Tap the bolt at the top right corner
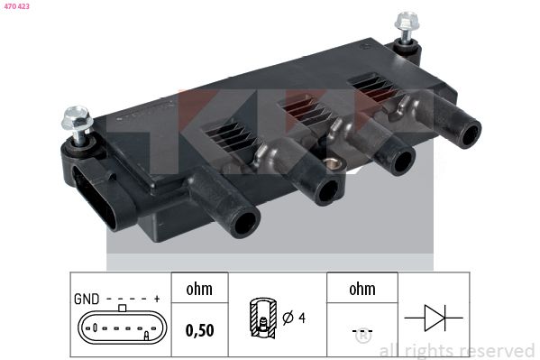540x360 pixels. coord(406,22)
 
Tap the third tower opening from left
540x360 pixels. coord(398,161)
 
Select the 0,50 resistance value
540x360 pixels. coord(199,329)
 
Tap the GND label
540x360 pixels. coord(86,299)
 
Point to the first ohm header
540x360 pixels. coord(198,290)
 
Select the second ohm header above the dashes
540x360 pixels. coord(362,290)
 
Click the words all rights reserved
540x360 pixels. coord(456,350)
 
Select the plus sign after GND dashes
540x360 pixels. coord(157,299)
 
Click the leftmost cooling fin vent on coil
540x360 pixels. coord(224,136)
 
